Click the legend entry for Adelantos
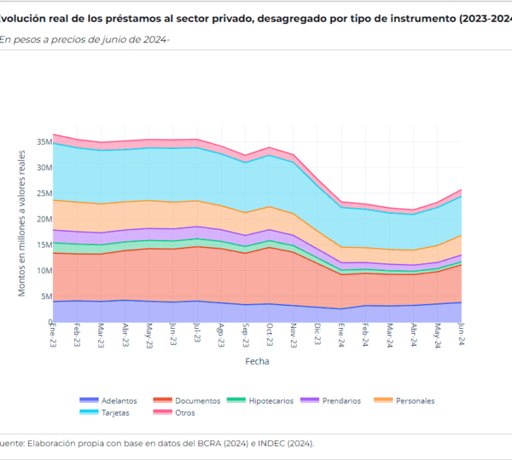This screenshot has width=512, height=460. [x=115, y=400]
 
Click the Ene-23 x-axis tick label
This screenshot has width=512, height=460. [x=53, y=334]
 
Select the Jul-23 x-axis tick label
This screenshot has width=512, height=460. [x=198, y=334]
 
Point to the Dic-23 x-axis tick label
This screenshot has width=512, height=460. [x=318, y=334]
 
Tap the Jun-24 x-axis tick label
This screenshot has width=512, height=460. [x=463, y=334]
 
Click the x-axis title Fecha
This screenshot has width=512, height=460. [x=257, y=361]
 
